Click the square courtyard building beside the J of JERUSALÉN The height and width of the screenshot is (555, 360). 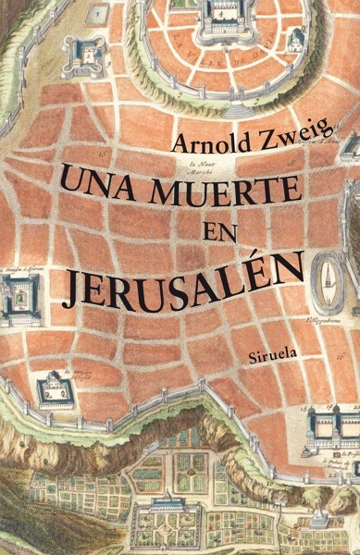(x=18, y=298)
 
